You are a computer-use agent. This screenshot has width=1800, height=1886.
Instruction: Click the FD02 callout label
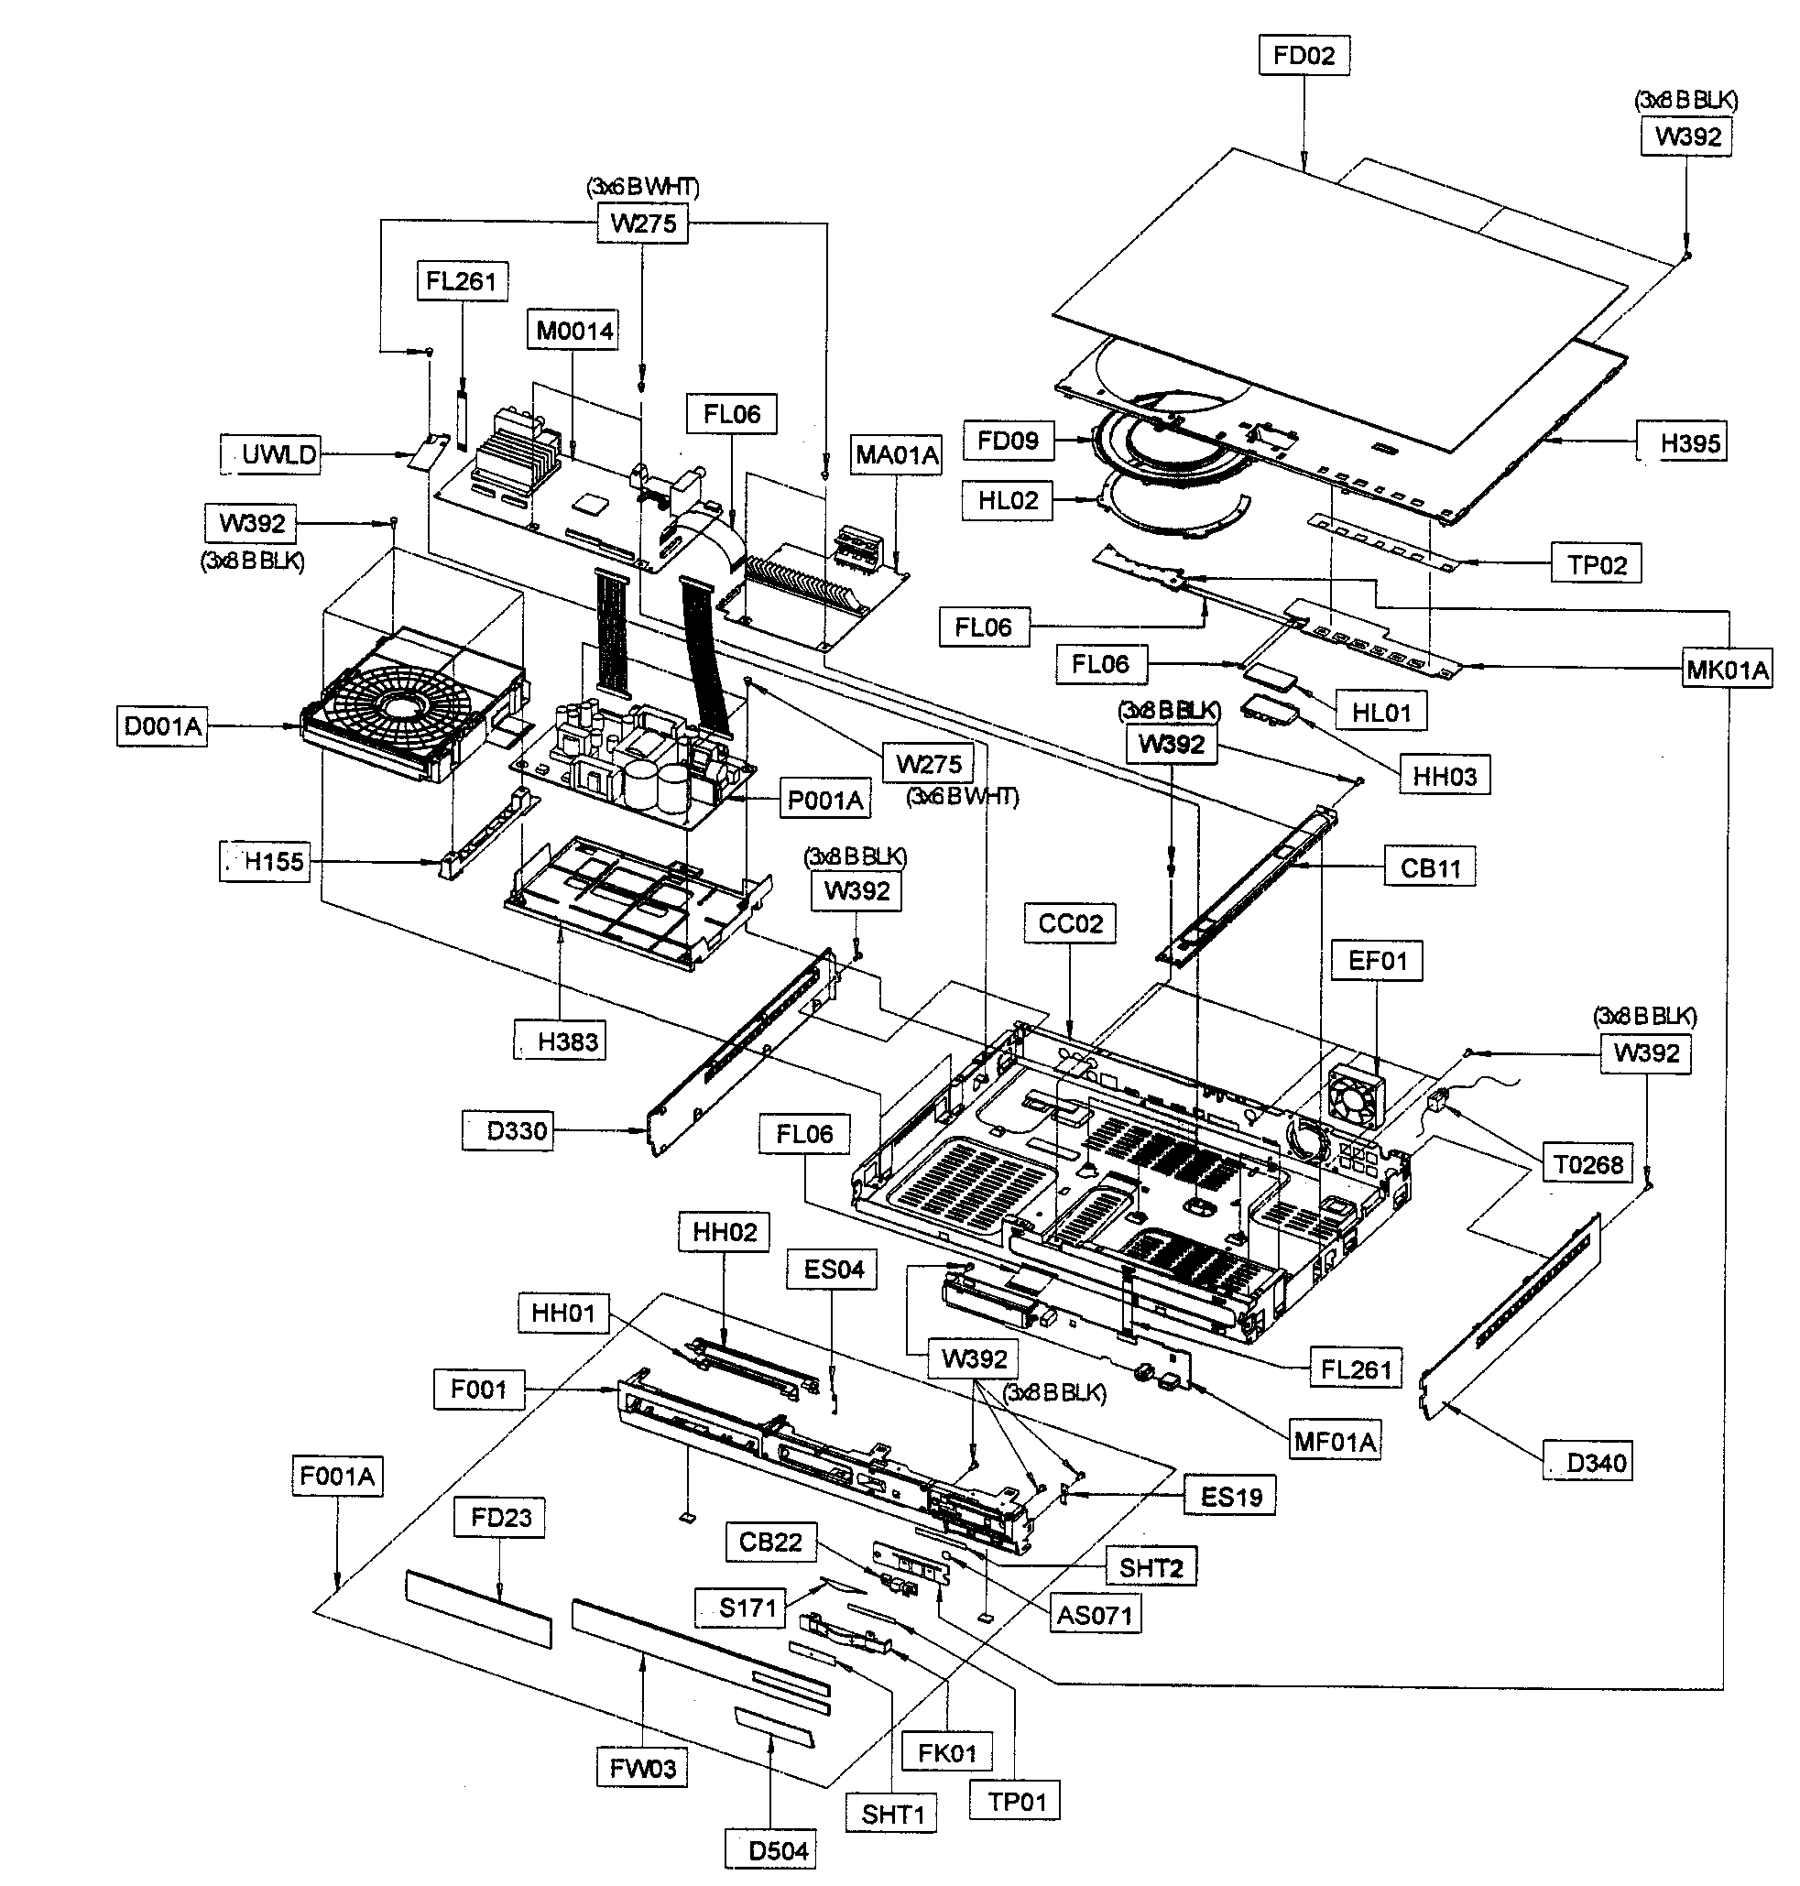(1303, 56)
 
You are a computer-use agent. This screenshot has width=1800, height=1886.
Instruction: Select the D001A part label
(162, 726)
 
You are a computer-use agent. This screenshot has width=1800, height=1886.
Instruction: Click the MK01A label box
(1726, 670)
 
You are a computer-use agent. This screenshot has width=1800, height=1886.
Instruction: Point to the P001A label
(824, 799)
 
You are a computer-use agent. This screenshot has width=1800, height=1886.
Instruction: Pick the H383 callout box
(566, 1041)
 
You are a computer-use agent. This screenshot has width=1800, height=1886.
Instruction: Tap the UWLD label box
(277, 453)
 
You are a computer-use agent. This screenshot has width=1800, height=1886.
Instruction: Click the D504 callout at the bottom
(776, 1850)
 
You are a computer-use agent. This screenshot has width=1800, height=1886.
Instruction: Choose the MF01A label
(1334, 1440)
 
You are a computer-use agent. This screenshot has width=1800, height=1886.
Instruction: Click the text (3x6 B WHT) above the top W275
(643, 188)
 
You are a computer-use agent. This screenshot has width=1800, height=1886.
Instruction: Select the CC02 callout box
(1070, 923)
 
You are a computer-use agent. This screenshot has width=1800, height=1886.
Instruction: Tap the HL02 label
(1008, 500)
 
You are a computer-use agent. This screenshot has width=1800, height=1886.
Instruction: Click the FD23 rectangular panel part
(478, 1608)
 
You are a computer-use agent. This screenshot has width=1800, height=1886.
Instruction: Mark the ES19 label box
(1230, 1496)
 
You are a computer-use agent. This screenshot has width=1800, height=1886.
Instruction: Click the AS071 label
(1094, 1615)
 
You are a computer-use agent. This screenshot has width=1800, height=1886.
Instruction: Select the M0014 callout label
(573, 331)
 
